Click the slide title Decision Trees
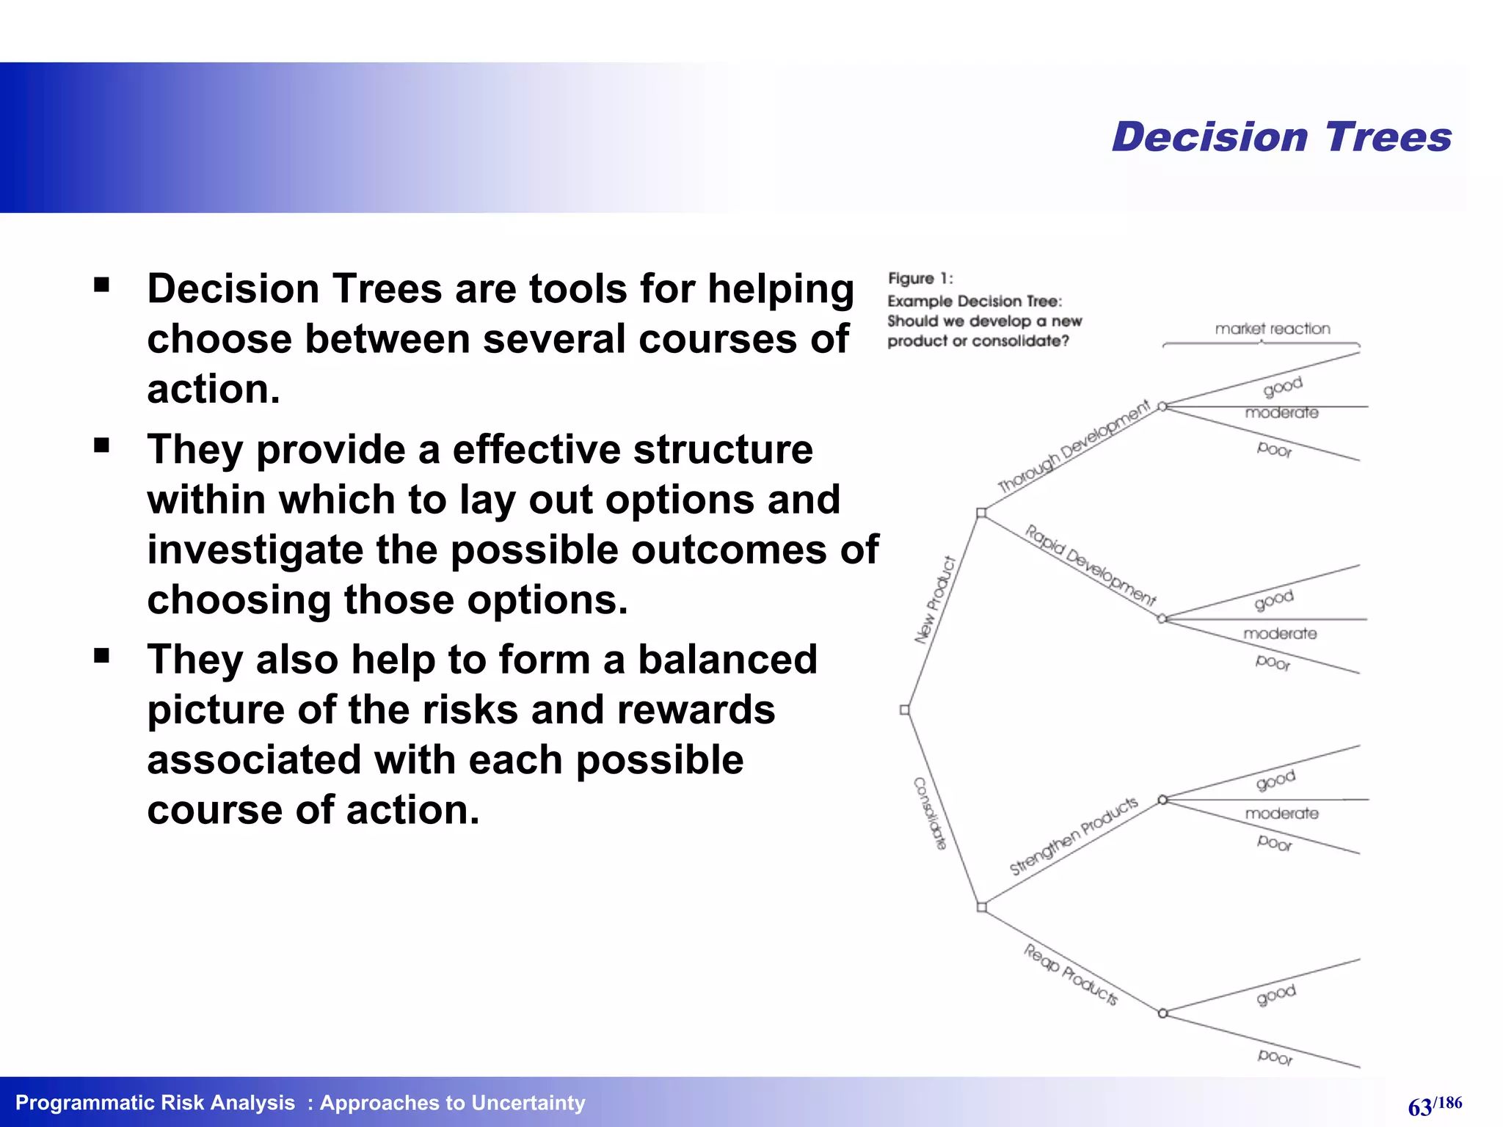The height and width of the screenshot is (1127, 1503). point(1281,137)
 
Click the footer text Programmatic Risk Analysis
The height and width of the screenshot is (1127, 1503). point(155,1103)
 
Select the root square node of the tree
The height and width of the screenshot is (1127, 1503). point(905,710)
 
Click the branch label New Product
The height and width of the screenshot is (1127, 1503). point(935,600)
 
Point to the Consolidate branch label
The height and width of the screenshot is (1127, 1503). point(930,814)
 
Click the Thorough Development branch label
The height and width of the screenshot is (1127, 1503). point(1074,447)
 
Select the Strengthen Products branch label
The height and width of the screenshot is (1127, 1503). point(1074,836)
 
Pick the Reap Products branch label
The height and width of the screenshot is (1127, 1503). point(1071,974)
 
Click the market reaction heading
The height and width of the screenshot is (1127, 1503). point(1273,329)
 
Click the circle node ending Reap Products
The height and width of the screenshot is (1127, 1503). point(1162,1013)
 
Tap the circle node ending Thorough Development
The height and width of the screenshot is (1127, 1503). point(1162,406)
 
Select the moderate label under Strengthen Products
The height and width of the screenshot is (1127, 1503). point(1281,814)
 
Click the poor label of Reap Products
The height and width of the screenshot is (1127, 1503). point(1275,1057)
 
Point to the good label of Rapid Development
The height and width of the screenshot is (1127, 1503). point(1273,600)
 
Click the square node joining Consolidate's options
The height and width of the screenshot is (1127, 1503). point(982,908)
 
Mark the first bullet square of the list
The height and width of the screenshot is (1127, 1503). point(102,285)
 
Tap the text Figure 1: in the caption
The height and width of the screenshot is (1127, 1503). point(920,279)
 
